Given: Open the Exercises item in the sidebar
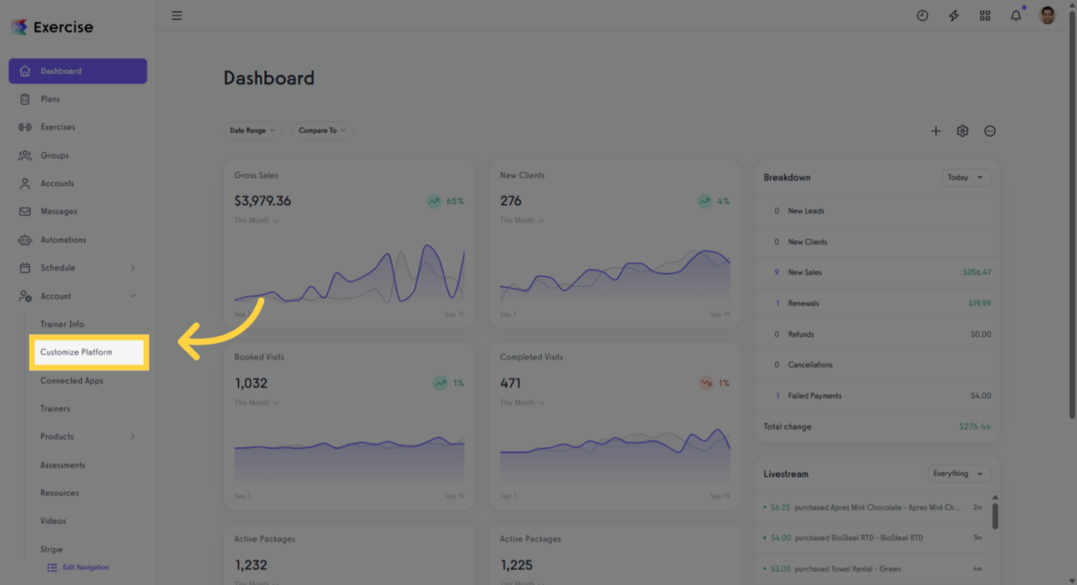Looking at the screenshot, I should (58, 127).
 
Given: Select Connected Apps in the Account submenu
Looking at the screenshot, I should (72, 381).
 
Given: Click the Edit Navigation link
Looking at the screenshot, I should (85, 568).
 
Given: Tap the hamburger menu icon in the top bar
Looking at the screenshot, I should (177, 16).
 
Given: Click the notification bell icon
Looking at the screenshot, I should (1016, 16).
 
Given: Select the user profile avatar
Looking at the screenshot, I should (1047, 16).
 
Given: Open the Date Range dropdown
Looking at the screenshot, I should (252, 131).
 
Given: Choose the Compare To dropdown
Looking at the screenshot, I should (322, 131).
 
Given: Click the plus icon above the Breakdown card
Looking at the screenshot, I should (936, 131).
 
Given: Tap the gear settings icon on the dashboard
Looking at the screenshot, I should (963, 131).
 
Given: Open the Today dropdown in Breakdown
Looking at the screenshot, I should (966, 177).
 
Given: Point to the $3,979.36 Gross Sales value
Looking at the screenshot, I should (263, 201).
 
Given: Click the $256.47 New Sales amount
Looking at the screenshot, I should (977, 273).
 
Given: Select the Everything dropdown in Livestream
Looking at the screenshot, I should (958, 474).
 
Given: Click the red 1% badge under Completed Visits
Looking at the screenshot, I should (714, 383).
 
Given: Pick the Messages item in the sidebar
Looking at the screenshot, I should (58, 211).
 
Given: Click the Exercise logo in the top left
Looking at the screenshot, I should (52, 28).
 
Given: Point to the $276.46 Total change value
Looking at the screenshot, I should (975, 427).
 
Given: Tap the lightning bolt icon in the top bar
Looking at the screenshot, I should (953, 16).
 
